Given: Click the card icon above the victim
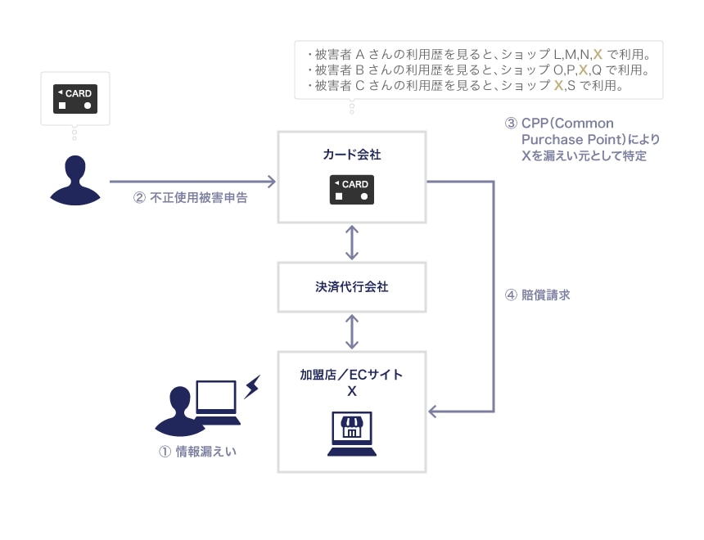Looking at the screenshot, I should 74,98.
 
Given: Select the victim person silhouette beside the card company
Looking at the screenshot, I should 74,181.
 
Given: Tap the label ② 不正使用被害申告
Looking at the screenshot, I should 190,197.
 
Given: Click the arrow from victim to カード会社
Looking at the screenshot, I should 193,181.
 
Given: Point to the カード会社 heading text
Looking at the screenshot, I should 352,153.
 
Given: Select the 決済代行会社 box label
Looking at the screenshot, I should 352,286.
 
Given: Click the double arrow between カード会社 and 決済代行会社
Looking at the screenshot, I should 352,242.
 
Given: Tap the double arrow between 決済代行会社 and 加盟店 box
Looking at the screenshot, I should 352,331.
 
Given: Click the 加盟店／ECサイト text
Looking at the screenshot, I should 352,374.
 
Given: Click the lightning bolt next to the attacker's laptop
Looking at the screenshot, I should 251,386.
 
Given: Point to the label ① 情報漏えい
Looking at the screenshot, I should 197,451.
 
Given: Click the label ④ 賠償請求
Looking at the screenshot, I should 537,295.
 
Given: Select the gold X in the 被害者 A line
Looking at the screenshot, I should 598,55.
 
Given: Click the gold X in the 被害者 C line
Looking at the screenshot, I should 558,85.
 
